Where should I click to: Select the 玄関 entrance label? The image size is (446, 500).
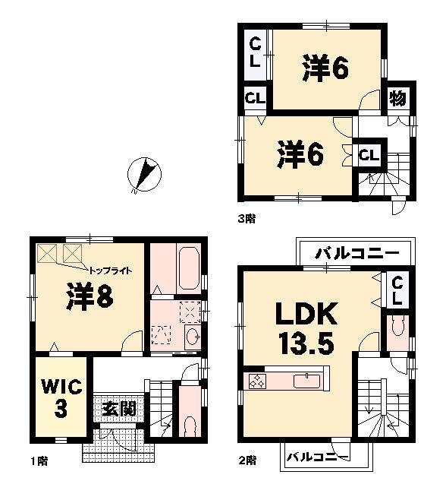point(119,409)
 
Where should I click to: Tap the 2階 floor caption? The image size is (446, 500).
point(246,460)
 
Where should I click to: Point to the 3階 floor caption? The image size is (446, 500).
point(246,218)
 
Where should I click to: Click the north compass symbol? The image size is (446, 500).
point(142,175)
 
